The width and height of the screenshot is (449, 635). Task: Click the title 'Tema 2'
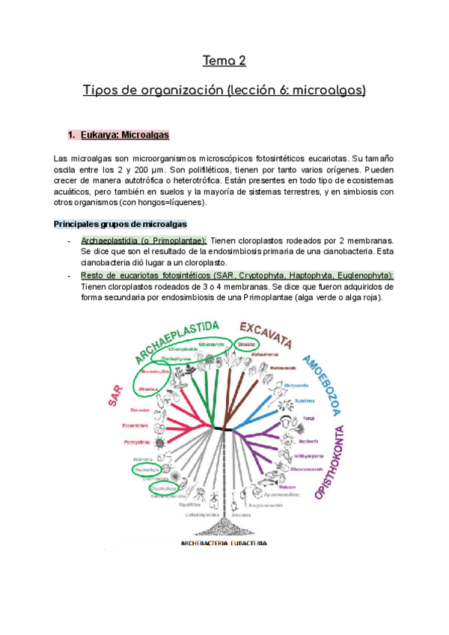[224, 60]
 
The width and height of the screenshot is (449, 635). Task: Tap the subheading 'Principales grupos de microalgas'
[120, 225]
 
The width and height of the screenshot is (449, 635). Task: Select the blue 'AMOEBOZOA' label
[322, 385]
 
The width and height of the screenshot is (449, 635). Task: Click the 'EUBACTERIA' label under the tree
[249, 544]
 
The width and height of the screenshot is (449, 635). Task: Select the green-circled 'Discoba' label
[246, 344]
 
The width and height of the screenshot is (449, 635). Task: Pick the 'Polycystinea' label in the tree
[138, 443]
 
